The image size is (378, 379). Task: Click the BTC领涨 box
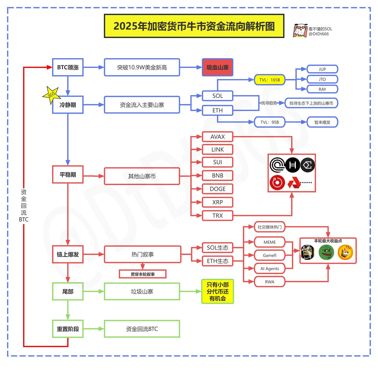tap(68, 67)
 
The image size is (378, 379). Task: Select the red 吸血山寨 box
tap(217, 67)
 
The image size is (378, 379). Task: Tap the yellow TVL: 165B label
tap(270, 80)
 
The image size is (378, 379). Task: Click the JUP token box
tap(322, 69)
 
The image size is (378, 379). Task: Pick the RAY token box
tap(322, 89)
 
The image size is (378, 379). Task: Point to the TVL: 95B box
tap(270, 122)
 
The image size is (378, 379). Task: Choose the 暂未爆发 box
tap(322, 122)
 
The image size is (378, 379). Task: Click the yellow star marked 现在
tap(51, 94)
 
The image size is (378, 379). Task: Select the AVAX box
tap(217, 137)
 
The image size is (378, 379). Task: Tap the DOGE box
tap(217, 189)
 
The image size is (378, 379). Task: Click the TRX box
tap(217, 216)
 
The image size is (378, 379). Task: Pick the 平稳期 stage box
tap(68, 174)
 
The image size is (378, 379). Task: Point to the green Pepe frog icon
tap(326, 252)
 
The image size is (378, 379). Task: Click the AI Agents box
tap(270, 268)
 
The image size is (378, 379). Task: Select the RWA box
tap(270, 282)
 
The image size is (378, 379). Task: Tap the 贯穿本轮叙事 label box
tap(143, 274)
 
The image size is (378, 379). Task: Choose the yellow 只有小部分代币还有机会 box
tap(217, 292)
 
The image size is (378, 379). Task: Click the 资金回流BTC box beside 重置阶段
tap(142, 329)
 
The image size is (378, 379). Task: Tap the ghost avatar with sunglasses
tap(300, 31)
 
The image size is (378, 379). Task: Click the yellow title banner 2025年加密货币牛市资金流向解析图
tap(194, 26)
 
